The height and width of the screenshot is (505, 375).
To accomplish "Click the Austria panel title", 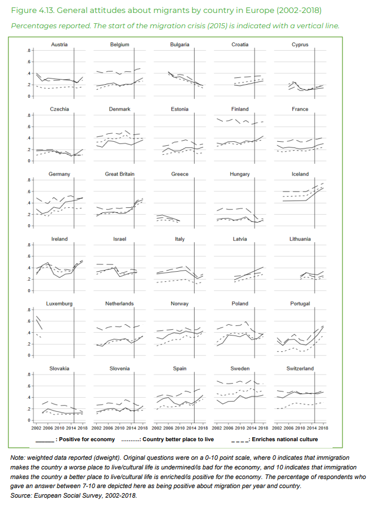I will [59, 45].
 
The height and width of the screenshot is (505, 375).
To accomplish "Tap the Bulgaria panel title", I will [179, 45].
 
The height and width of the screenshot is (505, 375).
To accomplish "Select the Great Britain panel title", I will [119, 174].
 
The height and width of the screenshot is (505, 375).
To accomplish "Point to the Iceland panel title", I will [300, 174].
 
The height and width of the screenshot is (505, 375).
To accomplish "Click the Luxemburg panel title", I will [59, 303].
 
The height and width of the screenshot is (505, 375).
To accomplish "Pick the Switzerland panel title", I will [300, 368].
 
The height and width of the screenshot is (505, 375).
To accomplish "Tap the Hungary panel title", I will [240, 174].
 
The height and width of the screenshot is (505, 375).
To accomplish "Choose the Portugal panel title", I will [300, 303].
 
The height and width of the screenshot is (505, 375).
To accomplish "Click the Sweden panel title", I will [240, 368].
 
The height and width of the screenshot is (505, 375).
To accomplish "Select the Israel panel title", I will [119, 239].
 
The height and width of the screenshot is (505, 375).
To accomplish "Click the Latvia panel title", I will [240, 239].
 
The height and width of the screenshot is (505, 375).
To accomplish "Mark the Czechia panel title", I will [59, 109].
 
